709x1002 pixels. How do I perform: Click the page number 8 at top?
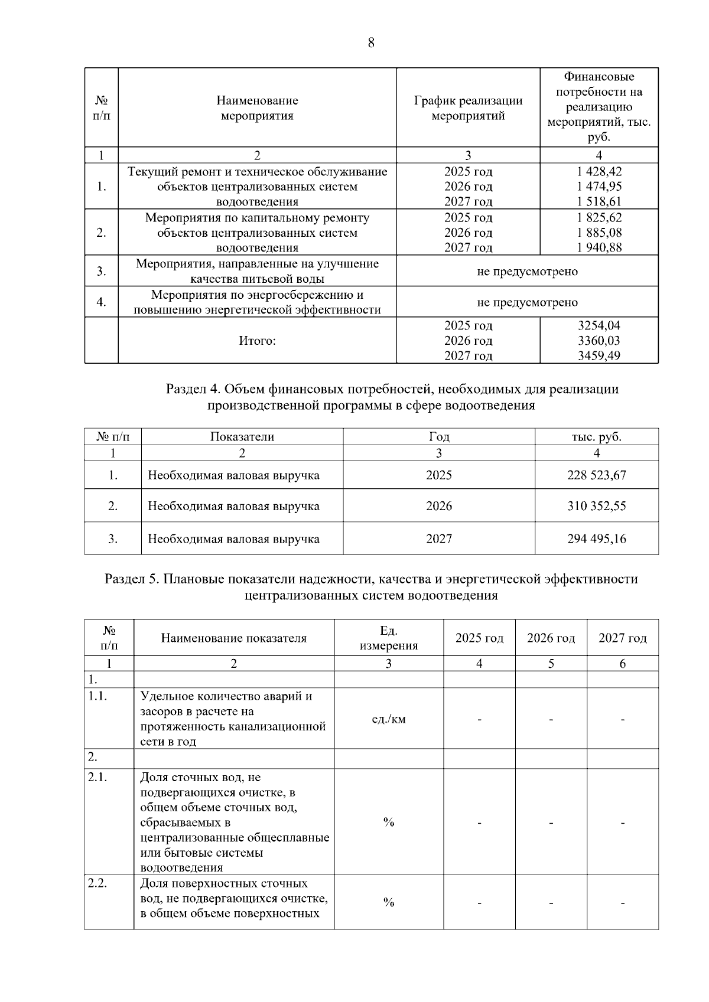pos(371,43)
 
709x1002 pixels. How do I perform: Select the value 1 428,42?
pos(599,171)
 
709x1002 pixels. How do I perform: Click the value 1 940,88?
pos(599,247)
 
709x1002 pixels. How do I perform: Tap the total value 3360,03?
pos(599,341)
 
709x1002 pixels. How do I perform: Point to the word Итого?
pos(257,341)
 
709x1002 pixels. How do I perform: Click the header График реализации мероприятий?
pos(468,108)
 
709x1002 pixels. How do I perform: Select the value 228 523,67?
pos(597,475)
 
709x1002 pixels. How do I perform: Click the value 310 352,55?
pos(597,506)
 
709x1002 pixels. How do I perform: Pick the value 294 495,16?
pos(597,538)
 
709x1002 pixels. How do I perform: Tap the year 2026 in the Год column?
pos(439,506)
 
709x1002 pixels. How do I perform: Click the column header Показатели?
pos(242,437)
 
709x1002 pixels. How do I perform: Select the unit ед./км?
pos(388,719)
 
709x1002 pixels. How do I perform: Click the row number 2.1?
pos(97,778)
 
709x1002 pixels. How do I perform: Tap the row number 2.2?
pos(97,883)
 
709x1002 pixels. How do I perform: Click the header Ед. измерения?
pos(388,638)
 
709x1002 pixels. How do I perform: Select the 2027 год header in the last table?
pos(622,638)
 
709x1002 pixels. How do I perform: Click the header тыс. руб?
pos(597,437)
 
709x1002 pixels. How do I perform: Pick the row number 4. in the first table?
pos(102,302)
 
